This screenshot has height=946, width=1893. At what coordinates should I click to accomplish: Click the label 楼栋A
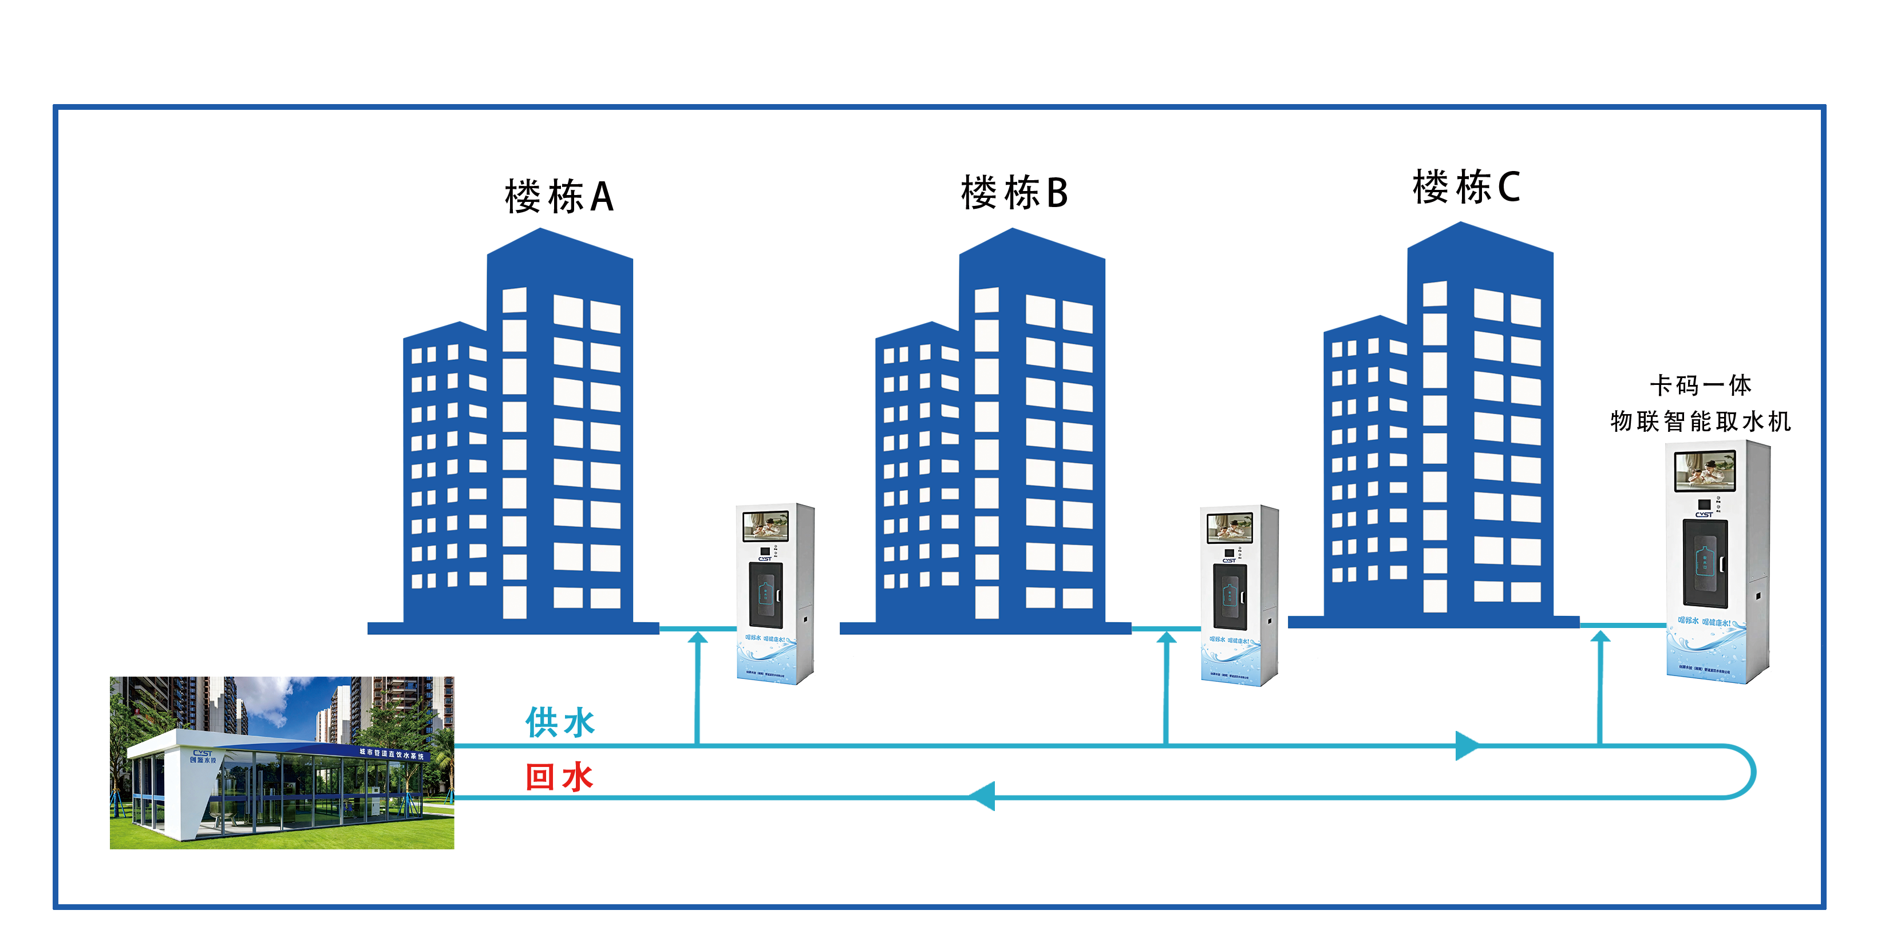[x=559, y=197]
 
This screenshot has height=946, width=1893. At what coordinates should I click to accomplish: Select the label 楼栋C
[x=1466, y=186]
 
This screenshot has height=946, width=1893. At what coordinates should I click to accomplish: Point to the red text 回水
[x=559, y=776]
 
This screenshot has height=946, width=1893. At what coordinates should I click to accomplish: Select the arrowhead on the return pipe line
[x=982, y=796]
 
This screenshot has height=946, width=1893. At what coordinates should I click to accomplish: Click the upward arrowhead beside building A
[x=697, y=638]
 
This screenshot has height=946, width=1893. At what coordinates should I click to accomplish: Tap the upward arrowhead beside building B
[x=1166, y=638]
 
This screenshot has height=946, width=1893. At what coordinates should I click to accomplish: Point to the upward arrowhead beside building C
[x=1600, y=637]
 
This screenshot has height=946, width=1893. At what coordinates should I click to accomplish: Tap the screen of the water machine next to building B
[x=1230, y=527]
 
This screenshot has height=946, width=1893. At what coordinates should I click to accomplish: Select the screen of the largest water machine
[x=1705, y=471]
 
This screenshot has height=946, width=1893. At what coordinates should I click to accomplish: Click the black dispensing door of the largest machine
[x=1705, y=563]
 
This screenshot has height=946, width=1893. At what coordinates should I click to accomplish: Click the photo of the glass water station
[x=282, y=762]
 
